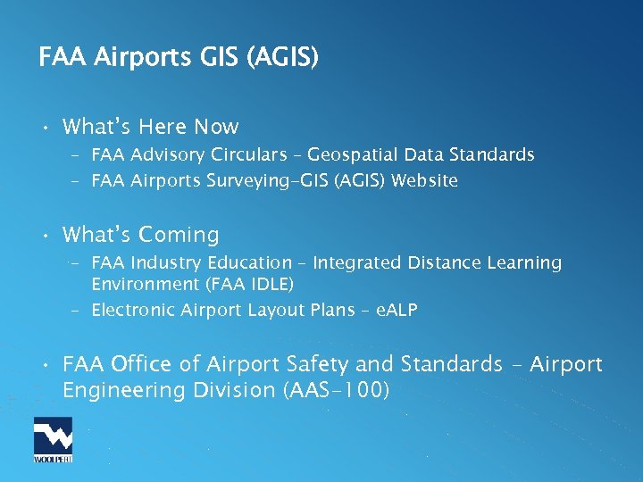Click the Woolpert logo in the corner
tap(53, 440)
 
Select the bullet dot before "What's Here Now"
tap(45, 128)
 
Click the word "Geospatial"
tap(351, 155)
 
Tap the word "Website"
tap(425, 181)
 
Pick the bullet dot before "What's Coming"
tap(45, 237)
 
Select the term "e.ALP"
tap(397, 311)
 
